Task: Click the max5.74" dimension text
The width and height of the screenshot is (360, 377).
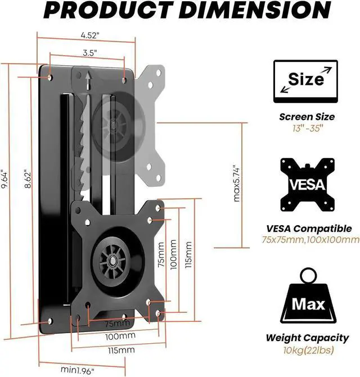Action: [236, 183]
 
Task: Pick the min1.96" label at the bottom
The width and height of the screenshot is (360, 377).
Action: [79, 370]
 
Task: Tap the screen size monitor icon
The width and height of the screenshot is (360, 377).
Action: [305, 82]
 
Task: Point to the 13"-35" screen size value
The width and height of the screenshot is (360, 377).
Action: [307, 129]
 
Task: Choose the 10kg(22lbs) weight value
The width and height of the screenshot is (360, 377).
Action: [307, 350]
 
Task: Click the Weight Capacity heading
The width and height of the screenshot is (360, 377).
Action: [307, 338]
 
